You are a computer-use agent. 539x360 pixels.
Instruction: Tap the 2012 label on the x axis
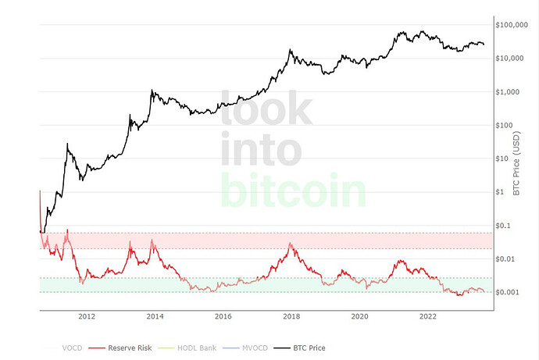[86, 316]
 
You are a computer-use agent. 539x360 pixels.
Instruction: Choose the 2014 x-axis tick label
[155, 316]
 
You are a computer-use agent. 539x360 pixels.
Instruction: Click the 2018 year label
[291, 316]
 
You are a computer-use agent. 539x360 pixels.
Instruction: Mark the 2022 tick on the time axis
[428, 316]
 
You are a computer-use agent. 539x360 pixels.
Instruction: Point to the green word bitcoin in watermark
[293, 190]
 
